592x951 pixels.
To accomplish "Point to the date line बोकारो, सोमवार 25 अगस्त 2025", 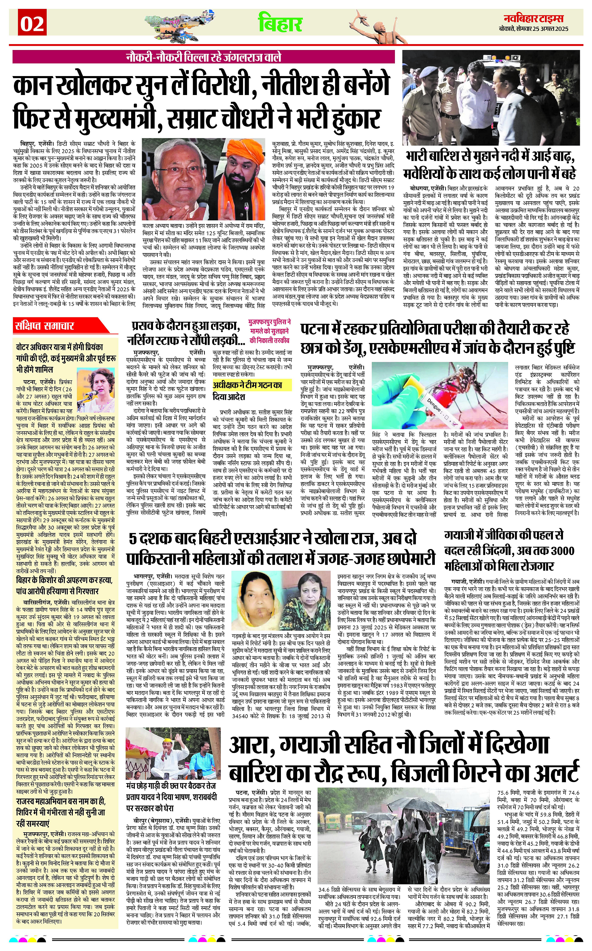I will coord(534,29).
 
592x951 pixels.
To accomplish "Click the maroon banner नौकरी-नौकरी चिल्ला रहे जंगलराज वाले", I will coord(204,57).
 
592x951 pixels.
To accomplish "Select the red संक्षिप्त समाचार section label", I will coord(45,326).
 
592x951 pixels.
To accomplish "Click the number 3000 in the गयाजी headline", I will coord(562,551).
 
